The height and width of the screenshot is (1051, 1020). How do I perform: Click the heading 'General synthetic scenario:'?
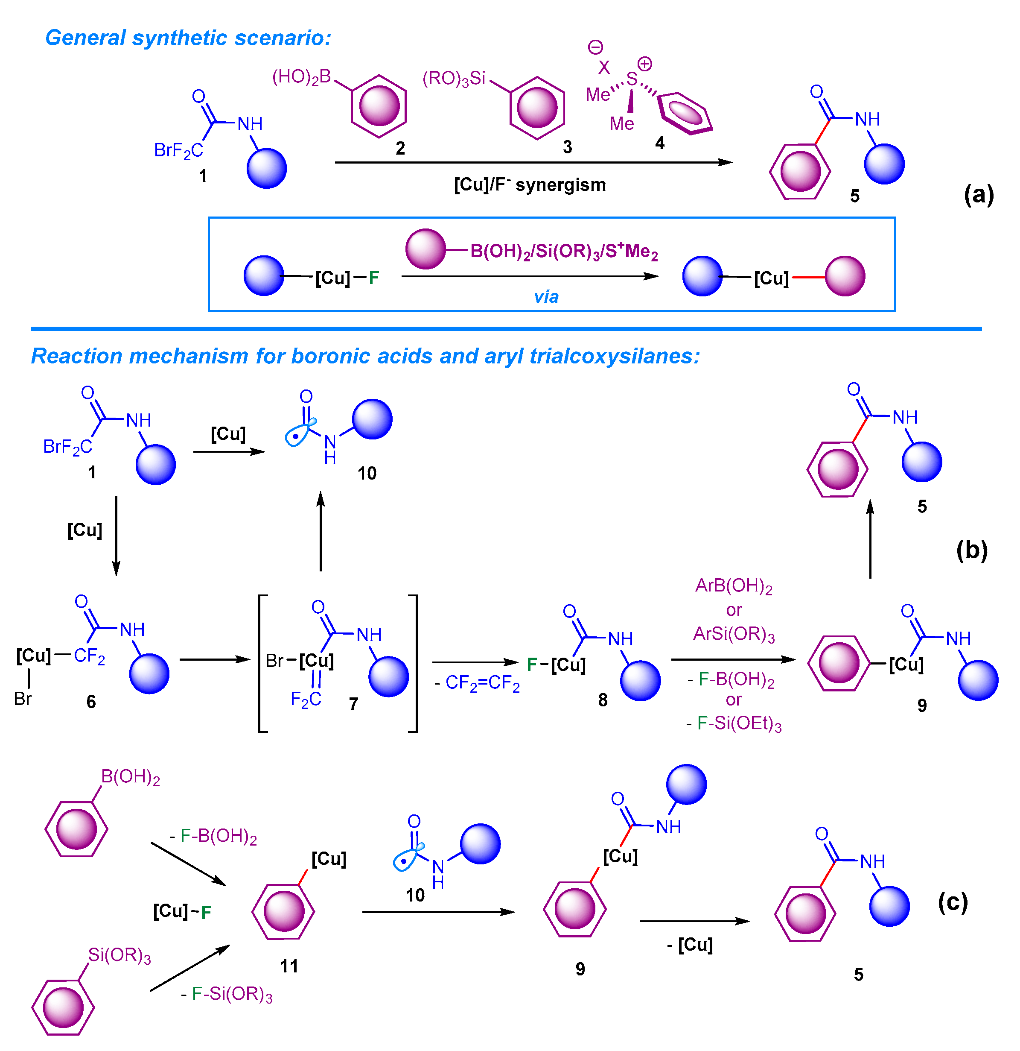pos(188,38)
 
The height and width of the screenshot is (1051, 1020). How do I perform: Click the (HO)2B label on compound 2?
pos(302,78)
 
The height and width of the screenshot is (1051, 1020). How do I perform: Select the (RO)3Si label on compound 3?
pos(454,79)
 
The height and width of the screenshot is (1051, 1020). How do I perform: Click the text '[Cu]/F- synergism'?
pos(530,185)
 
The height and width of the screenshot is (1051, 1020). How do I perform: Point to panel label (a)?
pos(978,194)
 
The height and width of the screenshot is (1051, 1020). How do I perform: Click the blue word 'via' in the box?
pos(546,296)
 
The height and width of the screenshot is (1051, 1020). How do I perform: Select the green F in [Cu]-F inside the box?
pos(373,278)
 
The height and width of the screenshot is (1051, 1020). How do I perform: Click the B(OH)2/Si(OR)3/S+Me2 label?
pos(564,251)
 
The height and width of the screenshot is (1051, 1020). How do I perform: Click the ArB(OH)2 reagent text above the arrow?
pos(734,586)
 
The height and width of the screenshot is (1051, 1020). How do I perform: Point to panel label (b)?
pos(971,550)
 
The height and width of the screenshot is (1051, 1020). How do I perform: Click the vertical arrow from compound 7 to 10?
pos(321,531)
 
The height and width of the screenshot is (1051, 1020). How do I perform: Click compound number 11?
pos(289,966)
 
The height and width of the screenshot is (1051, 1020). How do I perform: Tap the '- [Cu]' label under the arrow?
pos(690,944)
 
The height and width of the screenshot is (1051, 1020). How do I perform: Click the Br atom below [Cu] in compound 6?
pos(23,699)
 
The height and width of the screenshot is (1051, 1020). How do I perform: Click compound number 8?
pos(603,700)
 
